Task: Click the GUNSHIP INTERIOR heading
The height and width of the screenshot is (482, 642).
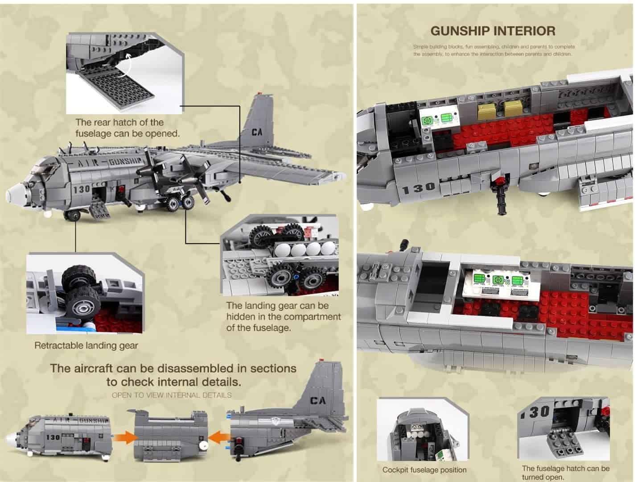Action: pos(493,31)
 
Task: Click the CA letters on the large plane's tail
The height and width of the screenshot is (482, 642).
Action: pos(257,132)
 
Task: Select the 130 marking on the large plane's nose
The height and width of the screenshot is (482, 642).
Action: pos(82,189)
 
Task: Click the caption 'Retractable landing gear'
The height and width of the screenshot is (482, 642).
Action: pos(86,345)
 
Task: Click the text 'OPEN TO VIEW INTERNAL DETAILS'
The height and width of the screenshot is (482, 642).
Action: pos(172,395)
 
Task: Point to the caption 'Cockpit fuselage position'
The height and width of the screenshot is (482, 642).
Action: pos(424,470)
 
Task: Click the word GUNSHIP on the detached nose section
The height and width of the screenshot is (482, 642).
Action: pos(94,420)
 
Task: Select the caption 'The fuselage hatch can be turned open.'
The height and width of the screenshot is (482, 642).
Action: pos(565,472)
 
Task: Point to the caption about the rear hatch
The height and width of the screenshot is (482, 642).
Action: pos(127,128)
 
